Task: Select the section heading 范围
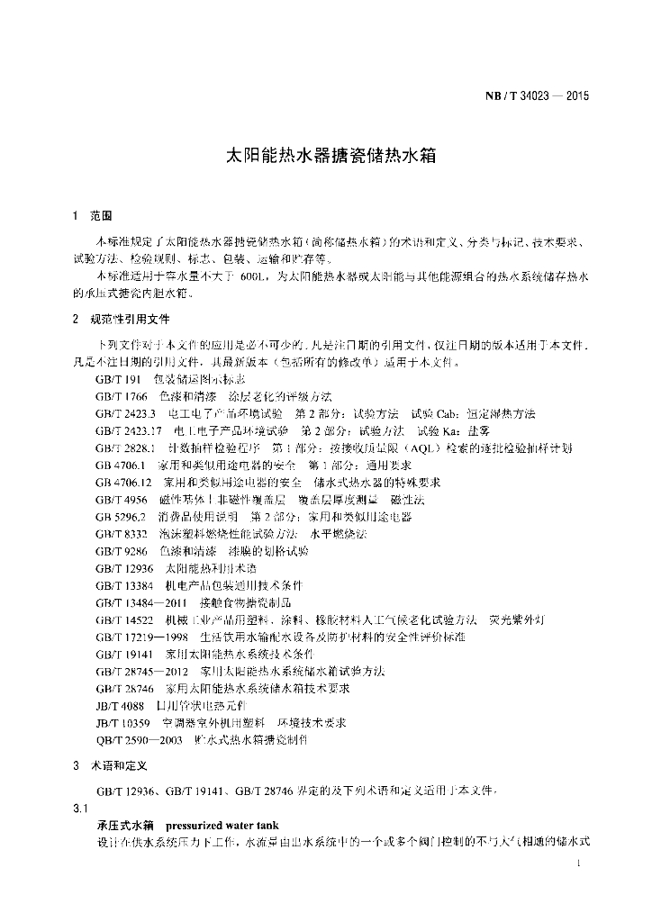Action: (x=100, y=217)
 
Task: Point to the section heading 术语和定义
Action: (x=118, y=765)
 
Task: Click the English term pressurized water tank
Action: (x=222, y=825)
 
